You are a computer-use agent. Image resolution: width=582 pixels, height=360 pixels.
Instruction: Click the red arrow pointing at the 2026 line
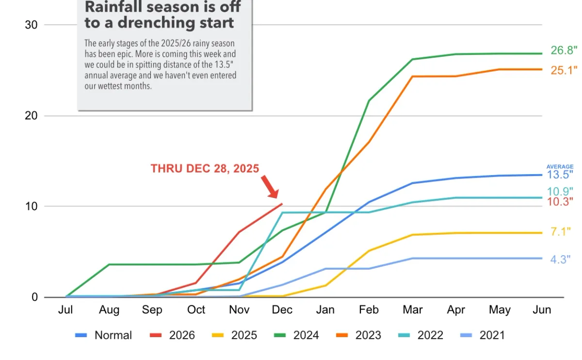pyautogui.click(x=270, y=187)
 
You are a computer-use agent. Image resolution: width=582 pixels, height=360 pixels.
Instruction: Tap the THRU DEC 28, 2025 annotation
pyautogui.click(x=205, y=168)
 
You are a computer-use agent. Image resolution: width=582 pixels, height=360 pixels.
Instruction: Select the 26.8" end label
pyautogui.click(x=564, y=50)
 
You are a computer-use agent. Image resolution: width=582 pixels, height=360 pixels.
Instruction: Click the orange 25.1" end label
pyautogui.click(x=564, y=70)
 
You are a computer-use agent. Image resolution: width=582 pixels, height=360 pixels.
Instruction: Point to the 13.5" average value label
pyautogui.click(x=560, y=175)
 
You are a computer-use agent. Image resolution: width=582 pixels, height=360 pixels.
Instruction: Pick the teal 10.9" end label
pyautogui.click(x=560, y=192)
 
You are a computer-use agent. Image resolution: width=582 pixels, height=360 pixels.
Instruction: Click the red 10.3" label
pyautogui.click(x=560, y=201)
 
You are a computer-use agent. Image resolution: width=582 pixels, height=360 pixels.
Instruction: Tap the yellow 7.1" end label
pyautogui.click(x=561, y=231)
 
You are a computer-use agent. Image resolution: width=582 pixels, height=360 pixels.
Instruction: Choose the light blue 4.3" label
pyautogui.click(x=561, y=259)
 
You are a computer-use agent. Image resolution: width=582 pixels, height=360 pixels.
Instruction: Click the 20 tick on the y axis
pyautogui.click(x=31, y=115)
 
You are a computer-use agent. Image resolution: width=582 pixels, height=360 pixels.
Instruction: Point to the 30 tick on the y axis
pyautogui.click(x=31, y=25)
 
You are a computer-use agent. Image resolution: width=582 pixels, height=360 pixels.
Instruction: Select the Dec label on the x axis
pyautogui.click(x=282, y=310)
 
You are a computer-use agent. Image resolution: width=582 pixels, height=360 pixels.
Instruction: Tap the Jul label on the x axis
pyautogui.click(x=65, y=310)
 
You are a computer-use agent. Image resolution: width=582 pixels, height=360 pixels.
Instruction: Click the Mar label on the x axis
pyautogui.click(x=413, y=310)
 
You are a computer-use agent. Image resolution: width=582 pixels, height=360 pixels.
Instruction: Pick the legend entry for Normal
pyautogui.click(x=103, y=335)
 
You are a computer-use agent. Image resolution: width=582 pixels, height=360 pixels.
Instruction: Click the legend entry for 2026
pyautogui.click(x=172, y=335)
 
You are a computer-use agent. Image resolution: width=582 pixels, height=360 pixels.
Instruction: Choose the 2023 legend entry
pyautogui.click(x=358, y=335)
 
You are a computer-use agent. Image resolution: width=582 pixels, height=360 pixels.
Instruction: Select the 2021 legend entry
pyautogui.click(x=483, y=335)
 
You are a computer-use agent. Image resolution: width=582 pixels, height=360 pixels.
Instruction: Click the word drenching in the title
pyautogui.click(x=156, y=23)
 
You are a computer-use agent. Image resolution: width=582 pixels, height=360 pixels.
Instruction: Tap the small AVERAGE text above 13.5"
pyautogui.click(x=560, y=166)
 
